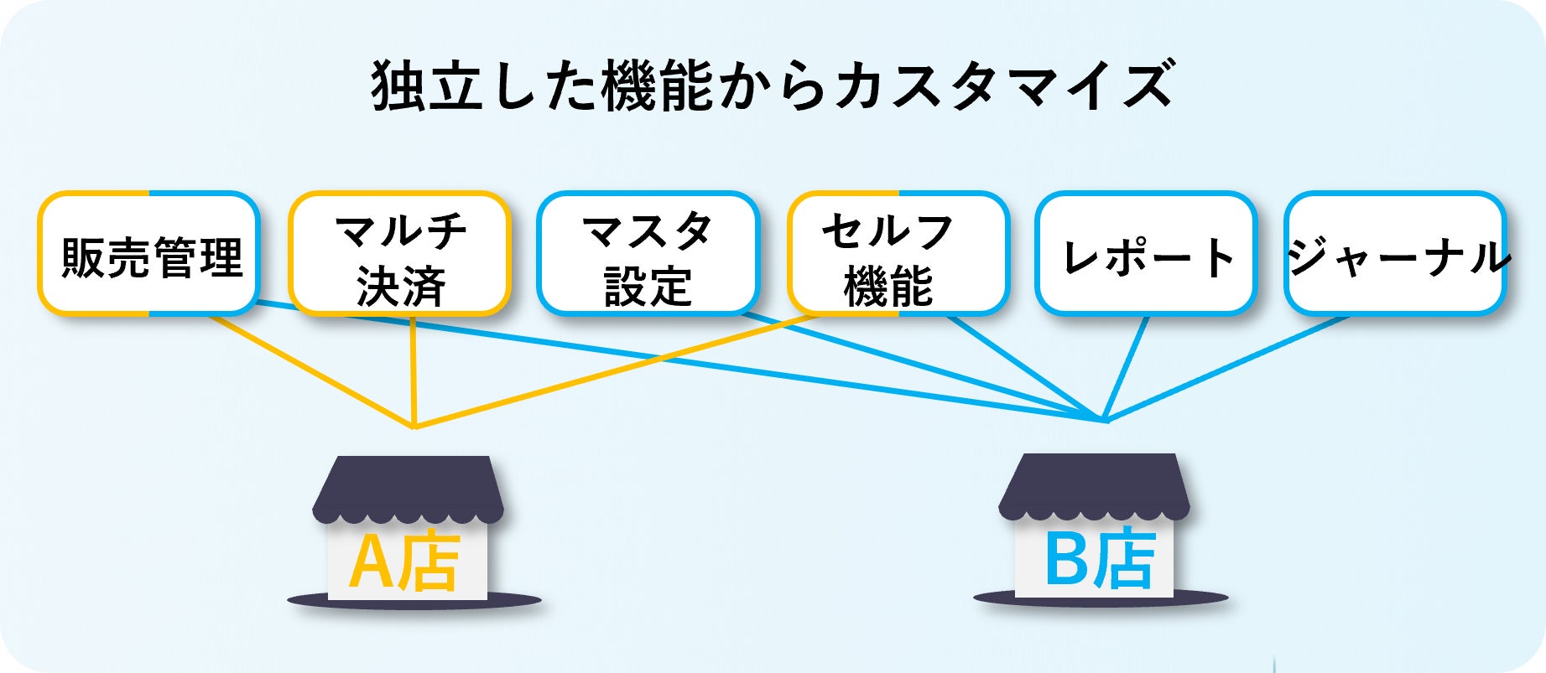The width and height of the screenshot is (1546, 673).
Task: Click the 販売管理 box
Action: coord(149,254)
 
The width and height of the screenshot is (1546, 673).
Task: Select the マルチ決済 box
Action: coord(400,254)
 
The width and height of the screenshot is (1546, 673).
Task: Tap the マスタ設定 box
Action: coord(648,254)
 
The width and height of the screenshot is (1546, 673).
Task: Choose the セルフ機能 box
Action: coord(898,254)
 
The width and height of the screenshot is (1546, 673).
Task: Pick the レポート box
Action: coord(1146,254)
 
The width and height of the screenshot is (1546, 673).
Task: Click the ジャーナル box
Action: coord(1395,254)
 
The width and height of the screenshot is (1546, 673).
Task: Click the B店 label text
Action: coord(1099,559)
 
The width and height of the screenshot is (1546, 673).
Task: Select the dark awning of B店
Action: coord(1094,485)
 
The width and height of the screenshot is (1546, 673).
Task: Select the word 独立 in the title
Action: coord(427,86)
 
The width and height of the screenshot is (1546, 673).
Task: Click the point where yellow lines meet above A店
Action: coord(414,426)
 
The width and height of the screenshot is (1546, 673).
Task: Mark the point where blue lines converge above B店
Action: coord(1104,419)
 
